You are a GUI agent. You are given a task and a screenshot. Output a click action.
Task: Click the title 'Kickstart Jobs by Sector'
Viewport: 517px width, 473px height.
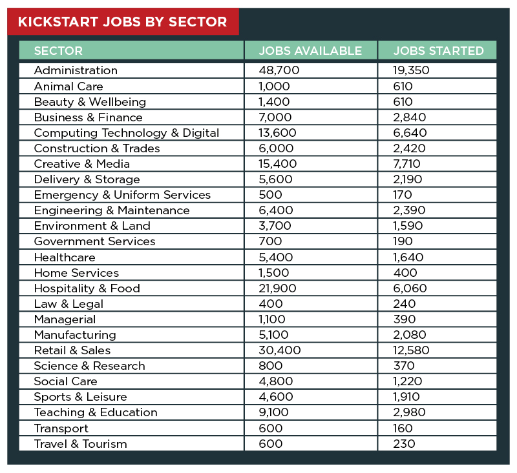[x=122, y=22]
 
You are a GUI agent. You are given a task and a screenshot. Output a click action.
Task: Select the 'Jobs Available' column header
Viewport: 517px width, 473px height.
[x=310, y=51]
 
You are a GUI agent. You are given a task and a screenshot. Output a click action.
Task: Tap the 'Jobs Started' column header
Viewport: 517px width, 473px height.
[x=438, y=51]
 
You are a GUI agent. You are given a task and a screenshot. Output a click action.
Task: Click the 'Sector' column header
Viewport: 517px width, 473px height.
[x=58, y=51]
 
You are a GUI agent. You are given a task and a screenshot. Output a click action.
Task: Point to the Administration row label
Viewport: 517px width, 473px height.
[x=76, y=70]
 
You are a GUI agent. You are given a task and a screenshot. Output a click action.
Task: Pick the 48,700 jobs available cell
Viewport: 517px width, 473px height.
[x=279, y=70]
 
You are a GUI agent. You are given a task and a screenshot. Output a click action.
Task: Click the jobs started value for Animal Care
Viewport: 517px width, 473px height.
[x=403, y=86]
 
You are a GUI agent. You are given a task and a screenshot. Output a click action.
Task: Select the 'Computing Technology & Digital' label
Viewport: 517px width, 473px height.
[x=127, y=133]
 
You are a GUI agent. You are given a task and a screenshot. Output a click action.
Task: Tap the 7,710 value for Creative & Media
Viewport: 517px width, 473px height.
[x=406, y=164]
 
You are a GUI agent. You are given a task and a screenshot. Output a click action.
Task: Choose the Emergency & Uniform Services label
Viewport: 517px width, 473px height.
[x=122, y=195]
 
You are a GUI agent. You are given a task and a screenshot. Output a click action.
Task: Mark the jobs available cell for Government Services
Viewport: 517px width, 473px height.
[x=270, y=241]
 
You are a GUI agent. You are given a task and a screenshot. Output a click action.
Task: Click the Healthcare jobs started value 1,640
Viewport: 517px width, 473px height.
[x=408, y=257]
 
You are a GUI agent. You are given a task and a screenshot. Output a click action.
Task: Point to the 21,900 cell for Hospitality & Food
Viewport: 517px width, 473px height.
[x=277, y=288]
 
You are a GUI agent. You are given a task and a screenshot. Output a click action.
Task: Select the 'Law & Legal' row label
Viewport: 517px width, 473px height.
[x=69, y=304]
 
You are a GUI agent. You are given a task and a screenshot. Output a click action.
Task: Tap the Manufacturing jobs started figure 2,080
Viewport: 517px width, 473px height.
[x=410, y=335]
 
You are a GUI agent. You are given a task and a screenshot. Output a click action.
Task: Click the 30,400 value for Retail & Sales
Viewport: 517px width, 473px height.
[x=280, y=350]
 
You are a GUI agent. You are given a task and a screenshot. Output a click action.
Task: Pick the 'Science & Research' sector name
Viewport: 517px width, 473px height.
[x=89, y=366]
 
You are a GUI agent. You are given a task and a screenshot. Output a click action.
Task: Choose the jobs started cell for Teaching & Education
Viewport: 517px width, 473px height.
[x=409, y=412]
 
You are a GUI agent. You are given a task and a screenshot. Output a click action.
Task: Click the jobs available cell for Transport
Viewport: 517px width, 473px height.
[x=271, y=428]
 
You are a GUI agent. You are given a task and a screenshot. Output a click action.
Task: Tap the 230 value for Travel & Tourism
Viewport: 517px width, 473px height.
[x=404, y=444]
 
